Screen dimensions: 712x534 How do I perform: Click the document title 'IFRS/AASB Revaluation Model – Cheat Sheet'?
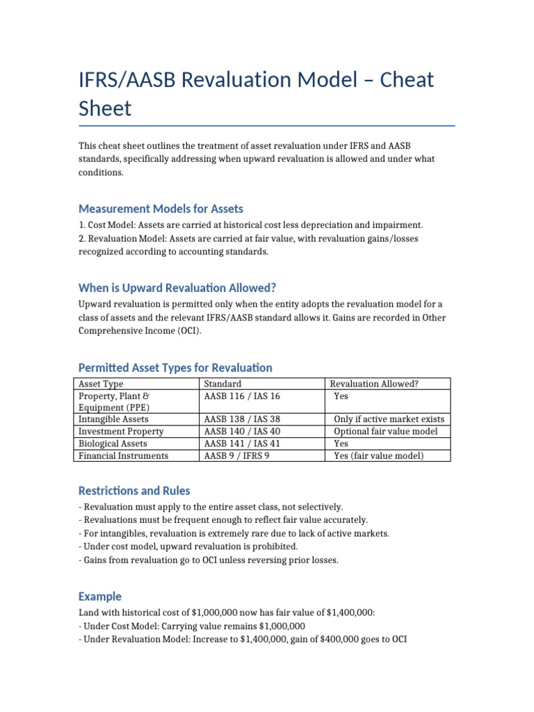[256, 94]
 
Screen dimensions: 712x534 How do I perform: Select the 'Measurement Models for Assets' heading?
[161, 209]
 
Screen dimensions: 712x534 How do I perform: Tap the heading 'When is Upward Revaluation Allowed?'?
[177, 288]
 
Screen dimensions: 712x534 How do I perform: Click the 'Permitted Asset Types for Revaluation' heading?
[175, 367]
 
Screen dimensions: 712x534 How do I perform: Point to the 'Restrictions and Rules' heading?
[134, 490]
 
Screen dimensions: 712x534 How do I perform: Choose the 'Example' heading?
[100, 596]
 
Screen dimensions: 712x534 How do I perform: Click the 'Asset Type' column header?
[102, 384]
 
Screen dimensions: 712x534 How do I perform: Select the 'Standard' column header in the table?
[222, 384]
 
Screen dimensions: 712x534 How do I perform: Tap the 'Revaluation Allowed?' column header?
[374, 384]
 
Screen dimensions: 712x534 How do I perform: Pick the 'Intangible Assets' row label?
[113, 419]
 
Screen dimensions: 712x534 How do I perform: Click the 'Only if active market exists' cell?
[389, 419]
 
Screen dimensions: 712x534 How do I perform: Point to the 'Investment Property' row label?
[121, 431]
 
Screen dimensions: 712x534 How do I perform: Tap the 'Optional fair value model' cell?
[386, 431]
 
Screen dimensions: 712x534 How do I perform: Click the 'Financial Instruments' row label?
[123, 455]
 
